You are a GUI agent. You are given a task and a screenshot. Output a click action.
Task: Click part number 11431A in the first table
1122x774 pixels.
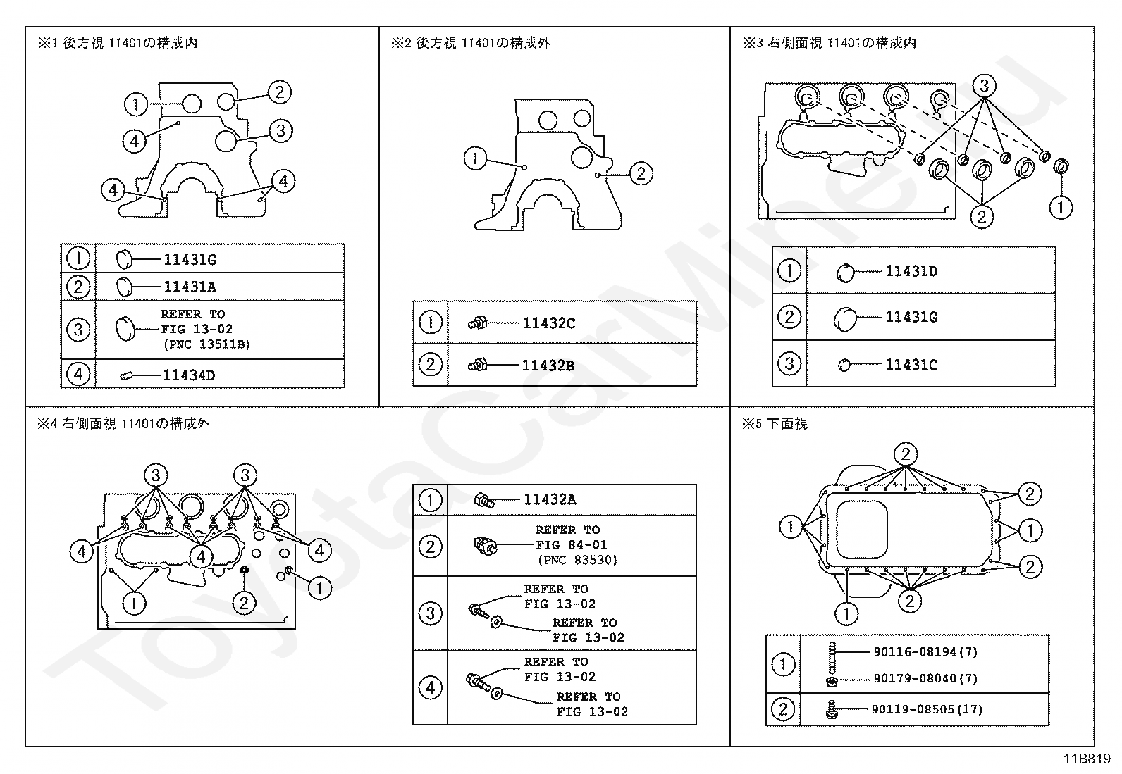(x=190, y=287)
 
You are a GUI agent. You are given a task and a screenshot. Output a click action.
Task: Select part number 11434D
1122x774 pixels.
(x=188, y=375)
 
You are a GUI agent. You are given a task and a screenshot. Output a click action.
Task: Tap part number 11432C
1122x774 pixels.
(x=548, y=323)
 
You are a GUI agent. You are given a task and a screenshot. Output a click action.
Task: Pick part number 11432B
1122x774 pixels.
(x=548, y=366)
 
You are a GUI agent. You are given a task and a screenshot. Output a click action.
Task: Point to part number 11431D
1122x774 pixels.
(x=911, y=271)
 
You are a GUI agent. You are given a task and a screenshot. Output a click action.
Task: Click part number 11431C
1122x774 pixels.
(x=911, y=365)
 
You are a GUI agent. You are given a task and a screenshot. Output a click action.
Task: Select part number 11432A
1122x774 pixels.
(x=549, y=500)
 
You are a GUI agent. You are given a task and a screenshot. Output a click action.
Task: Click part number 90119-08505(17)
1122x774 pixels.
(x=926, y=709)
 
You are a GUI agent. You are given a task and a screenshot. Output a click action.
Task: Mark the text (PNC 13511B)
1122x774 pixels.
(x=206, y=344)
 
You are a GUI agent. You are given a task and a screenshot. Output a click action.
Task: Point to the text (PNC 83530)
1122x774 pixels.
(x=577, y=561)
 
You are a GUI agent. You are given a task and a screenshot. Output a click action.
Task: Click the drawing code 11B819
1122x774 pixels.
(x=1087, y=759)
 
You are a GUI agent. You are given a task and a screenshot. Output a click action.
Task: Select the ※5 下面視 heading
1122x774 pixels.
(x=775, y=424)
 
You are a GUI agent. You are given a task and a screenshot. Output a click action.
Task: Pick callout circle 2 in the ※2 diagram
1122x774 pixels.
(x=640, y=173)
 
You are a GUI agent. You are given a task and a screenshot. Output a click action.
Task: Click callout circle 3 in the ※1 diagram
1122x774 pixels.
(x=280, y=130)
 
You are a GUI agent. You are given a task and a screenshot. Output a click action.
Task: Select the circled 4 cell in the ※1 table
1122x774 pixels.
(x=78, y=374)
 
